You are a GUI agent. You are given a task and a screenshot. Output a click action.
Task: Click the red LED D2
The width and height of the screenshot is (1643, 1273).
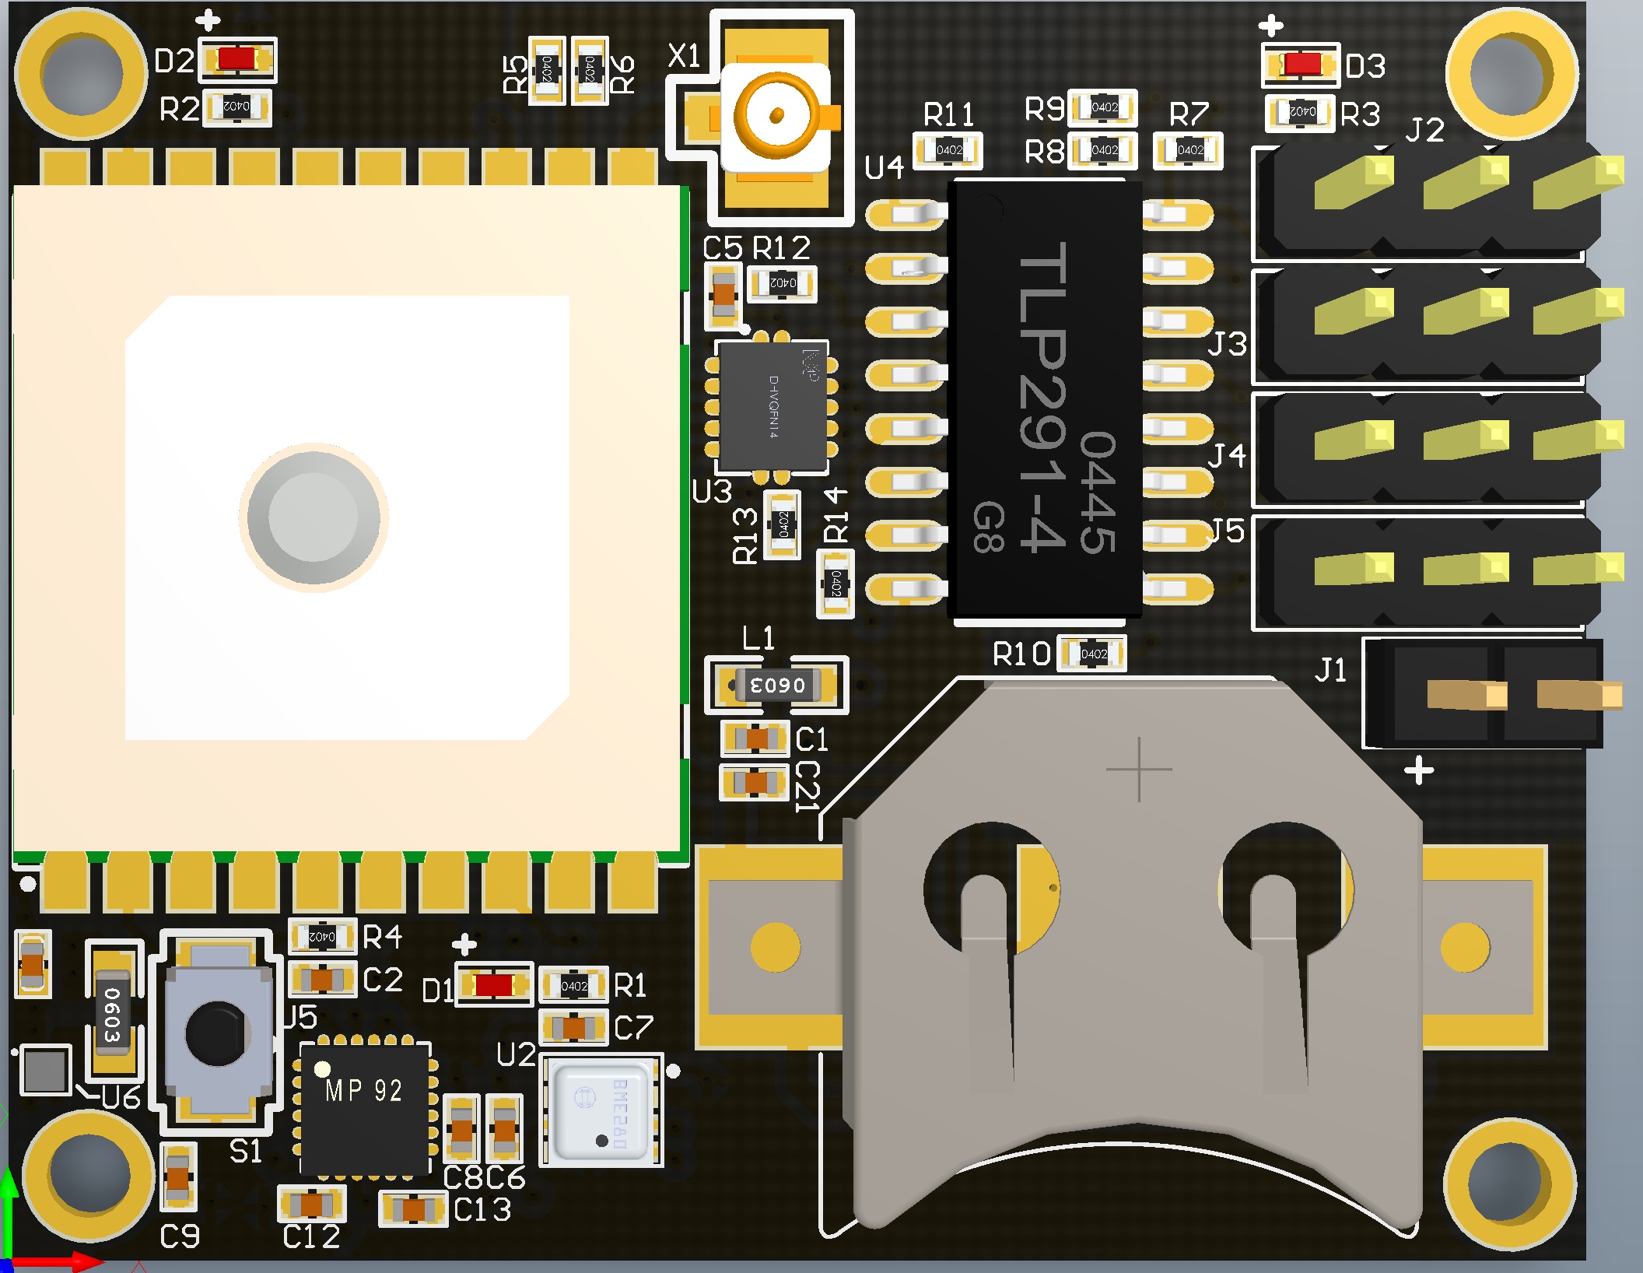click(x=236, y=59)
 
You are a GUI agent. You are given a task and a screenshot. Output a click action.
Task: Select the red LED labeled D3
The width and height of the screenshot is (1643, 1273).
click(x=1302, y=64)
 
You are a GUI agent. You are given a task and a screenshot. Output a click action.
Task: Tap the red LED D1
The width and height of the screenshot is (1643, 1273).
click(x=494, y=985)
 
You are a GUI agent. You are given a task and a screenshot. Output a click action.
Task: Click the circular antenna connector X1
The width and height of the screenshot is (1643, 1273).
click(x=776, y=116)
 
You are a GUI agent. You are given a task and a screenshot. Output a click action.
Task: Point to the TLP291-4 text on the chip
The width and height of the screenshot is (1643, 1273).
click(x=1042, y=397)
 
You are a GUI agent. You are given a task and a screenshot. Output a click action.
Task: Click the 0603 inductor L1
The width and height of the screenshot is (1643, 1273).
click(x=776, y=686)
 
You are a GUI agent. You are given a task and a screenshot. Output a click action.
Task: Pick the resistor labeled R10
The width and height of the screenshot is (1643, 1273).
click(x=1093, y=654)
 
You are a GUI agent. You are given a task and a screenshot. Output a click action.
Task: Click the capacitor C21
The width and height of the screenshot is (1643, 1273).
click(x=755, y=782)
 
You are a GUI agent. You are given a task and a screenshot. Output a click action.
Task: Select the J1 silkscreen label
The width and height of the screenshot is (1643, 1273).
click(x=1330, y=670)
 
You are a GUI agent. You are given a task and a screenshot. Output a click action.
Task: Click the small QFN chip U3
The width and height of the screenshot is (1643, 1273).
click(x=772, y=407)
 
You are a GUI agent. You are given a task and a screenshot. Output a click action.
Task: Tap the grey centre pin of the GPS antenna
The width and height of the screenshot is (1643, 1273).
click(x=314, y=517)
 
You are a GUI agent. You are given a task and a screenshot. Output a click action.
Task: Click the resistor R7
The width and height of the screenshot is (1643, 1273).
click(x=1189, y=150)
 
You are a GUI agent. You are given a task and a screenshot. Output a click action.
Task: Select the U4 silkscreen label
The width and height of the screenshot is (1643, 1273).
click(x=885, y=167)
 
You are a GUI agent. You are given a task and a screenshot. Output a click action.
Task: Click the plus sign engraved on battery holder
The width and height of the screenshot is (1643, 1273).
click(x=1139, y=769)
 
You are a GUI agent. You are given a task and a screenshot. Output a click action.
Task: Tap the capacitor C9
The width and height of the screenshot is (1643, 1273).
click(x=178, y=1177)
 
